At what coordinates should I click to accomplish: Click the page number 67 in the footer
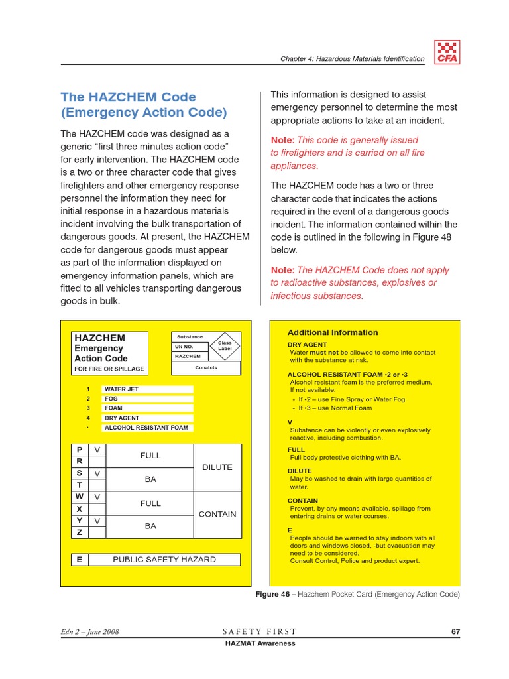(x=455, y=631)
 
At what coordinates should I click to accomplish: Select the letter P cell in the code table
(x=80, y=450)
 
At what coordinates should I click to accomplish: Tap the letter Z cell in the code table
(x=80, y=532)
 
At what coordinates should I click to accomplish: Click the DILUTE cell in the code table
(x=217, y=467)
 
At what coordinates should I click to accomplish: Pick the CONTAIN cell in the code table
(x=217, y=514)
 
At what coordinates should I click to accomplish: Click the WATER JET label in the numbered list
(x=121, y=389)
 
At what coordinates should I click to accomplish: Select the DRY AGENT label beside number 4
(x=122, y=418)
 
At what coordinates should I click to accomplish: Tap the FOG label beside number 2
(x=111, y=399)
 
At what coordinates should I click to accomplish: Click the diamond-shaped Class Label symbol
(x=225, y=345)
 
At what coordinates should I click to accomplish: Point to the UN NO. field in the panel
(x=184, y=346)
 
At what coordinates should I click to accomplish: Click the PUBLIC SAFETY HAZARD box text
(x=164, y=560)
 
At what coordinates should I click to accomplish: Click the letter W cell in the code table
(x=80, y=496)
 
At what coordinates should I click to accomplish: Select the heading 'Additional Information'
(x=333, y=332)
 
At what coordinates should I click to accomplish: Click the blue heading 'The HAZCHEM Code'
(x=128, y=97)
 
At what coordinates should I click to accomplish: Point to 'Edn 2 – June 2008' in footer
(x=89, y=631)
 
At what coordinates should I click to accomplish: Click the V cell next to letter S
(x=97, y=473)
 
